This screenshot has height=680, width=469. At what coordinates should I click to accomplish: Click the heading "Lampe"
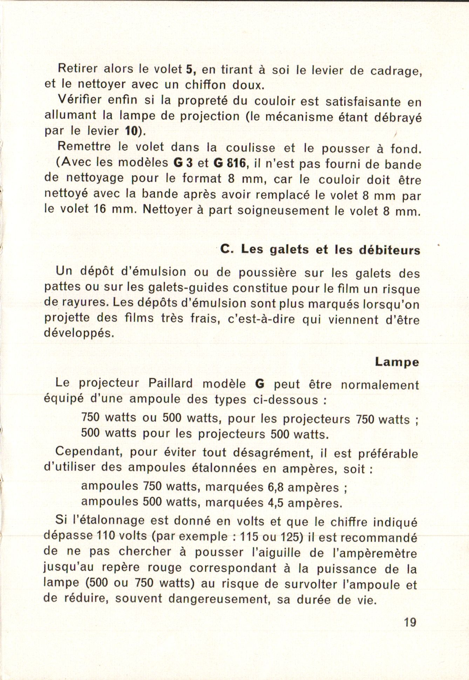(397, 362)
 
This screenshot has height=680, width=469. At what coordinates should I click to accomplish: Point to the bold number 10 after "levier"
(131, 131)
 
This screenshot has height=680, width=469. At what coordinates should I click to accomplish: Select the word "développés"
(79, 333)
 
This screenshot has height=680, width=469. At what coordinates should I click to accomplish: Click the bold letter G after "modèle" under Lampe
(260, 384)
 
